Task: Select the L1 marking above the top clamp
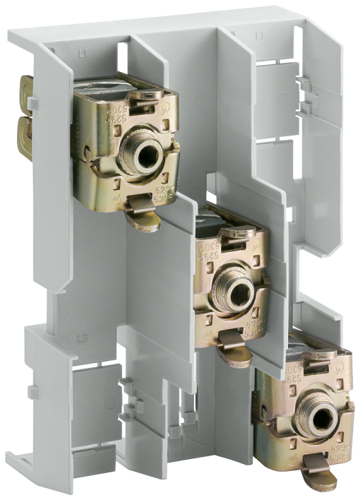[x=84, y=52]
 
